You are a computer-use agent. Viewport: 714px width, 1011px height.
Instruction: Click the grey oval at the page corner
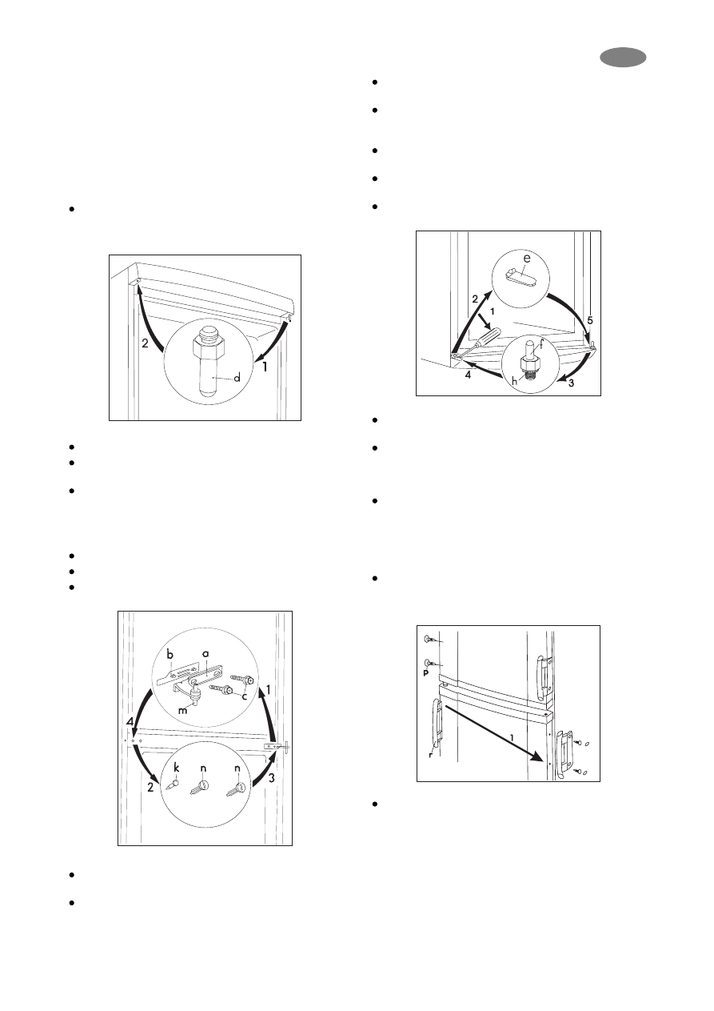click(x=623, y=58)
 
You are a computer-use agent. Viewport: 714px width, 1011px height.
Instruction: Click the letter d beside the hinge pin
click(x=237, y=377)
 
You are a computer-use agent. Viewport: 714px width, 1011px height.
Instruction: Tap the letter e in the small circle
click(x=526, y=259)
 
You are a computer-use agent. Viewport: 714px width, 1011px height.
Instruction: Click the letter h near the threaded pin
click(x=515, y=381)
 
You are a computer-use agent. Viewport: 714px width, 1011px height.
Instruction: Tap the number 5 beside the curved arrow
click(x=590, y=320)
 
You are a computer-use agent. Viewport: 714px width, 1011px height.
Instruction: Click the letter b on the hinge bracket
click(x=171, y=654)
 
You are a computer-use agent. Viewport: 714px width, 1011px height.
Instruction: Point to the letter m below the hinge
click(x=182, y=710)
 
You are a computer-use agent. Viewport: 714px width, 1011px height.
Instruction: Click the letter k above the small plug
click(x=177, y=768)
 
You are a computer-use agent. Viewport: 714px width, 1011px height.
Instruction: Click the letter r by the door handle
click(x=430, y=754)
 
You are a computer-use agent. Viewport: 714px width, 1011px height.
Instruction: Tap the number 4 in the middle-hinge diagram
click(x=130, y=722)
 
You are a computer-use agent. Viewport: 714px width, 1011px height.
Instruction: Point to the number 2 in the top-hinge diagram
click(x=145, y=343)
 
